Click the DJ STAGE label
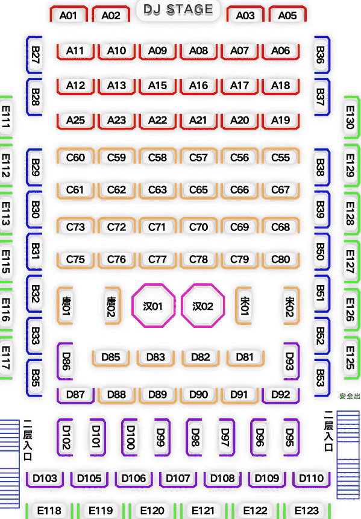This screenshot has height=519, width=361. [178, 9]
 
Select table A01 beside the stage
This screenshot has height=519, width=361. [69, 15]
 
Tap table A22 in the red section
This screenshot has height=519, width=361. [157, 120]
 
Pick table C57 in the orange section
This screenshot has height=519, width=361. [198, 157]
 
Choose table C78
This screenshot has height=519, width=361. [198, 259]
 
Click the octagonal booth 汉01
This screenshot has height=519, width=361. [153, 306]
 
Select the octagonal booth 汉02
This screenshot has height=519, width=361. [203, 306]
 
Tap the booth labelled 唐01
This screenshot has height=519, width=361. [66, 306]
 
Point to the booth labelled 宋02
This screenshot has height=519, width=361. [290, 306]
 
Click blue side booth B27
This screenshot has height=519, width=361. [35, 55]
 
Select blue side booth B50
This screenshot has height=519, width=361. [321, 251]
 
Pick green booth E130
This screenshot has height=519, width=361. [351, 117]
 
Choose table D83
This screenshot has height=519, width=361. [155, 357]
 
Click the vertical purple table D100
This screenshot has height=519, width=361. [130, 437]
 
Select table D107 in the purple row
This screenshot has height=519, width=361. [178, 479]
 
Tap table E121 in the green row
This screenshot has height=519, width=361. [204, 511]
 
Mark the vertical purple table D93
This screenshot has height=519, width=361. [290, 361]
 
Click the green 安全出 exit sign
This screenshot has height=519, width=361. [350, 396]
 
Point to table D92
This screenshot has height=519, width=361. [281, 395]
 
